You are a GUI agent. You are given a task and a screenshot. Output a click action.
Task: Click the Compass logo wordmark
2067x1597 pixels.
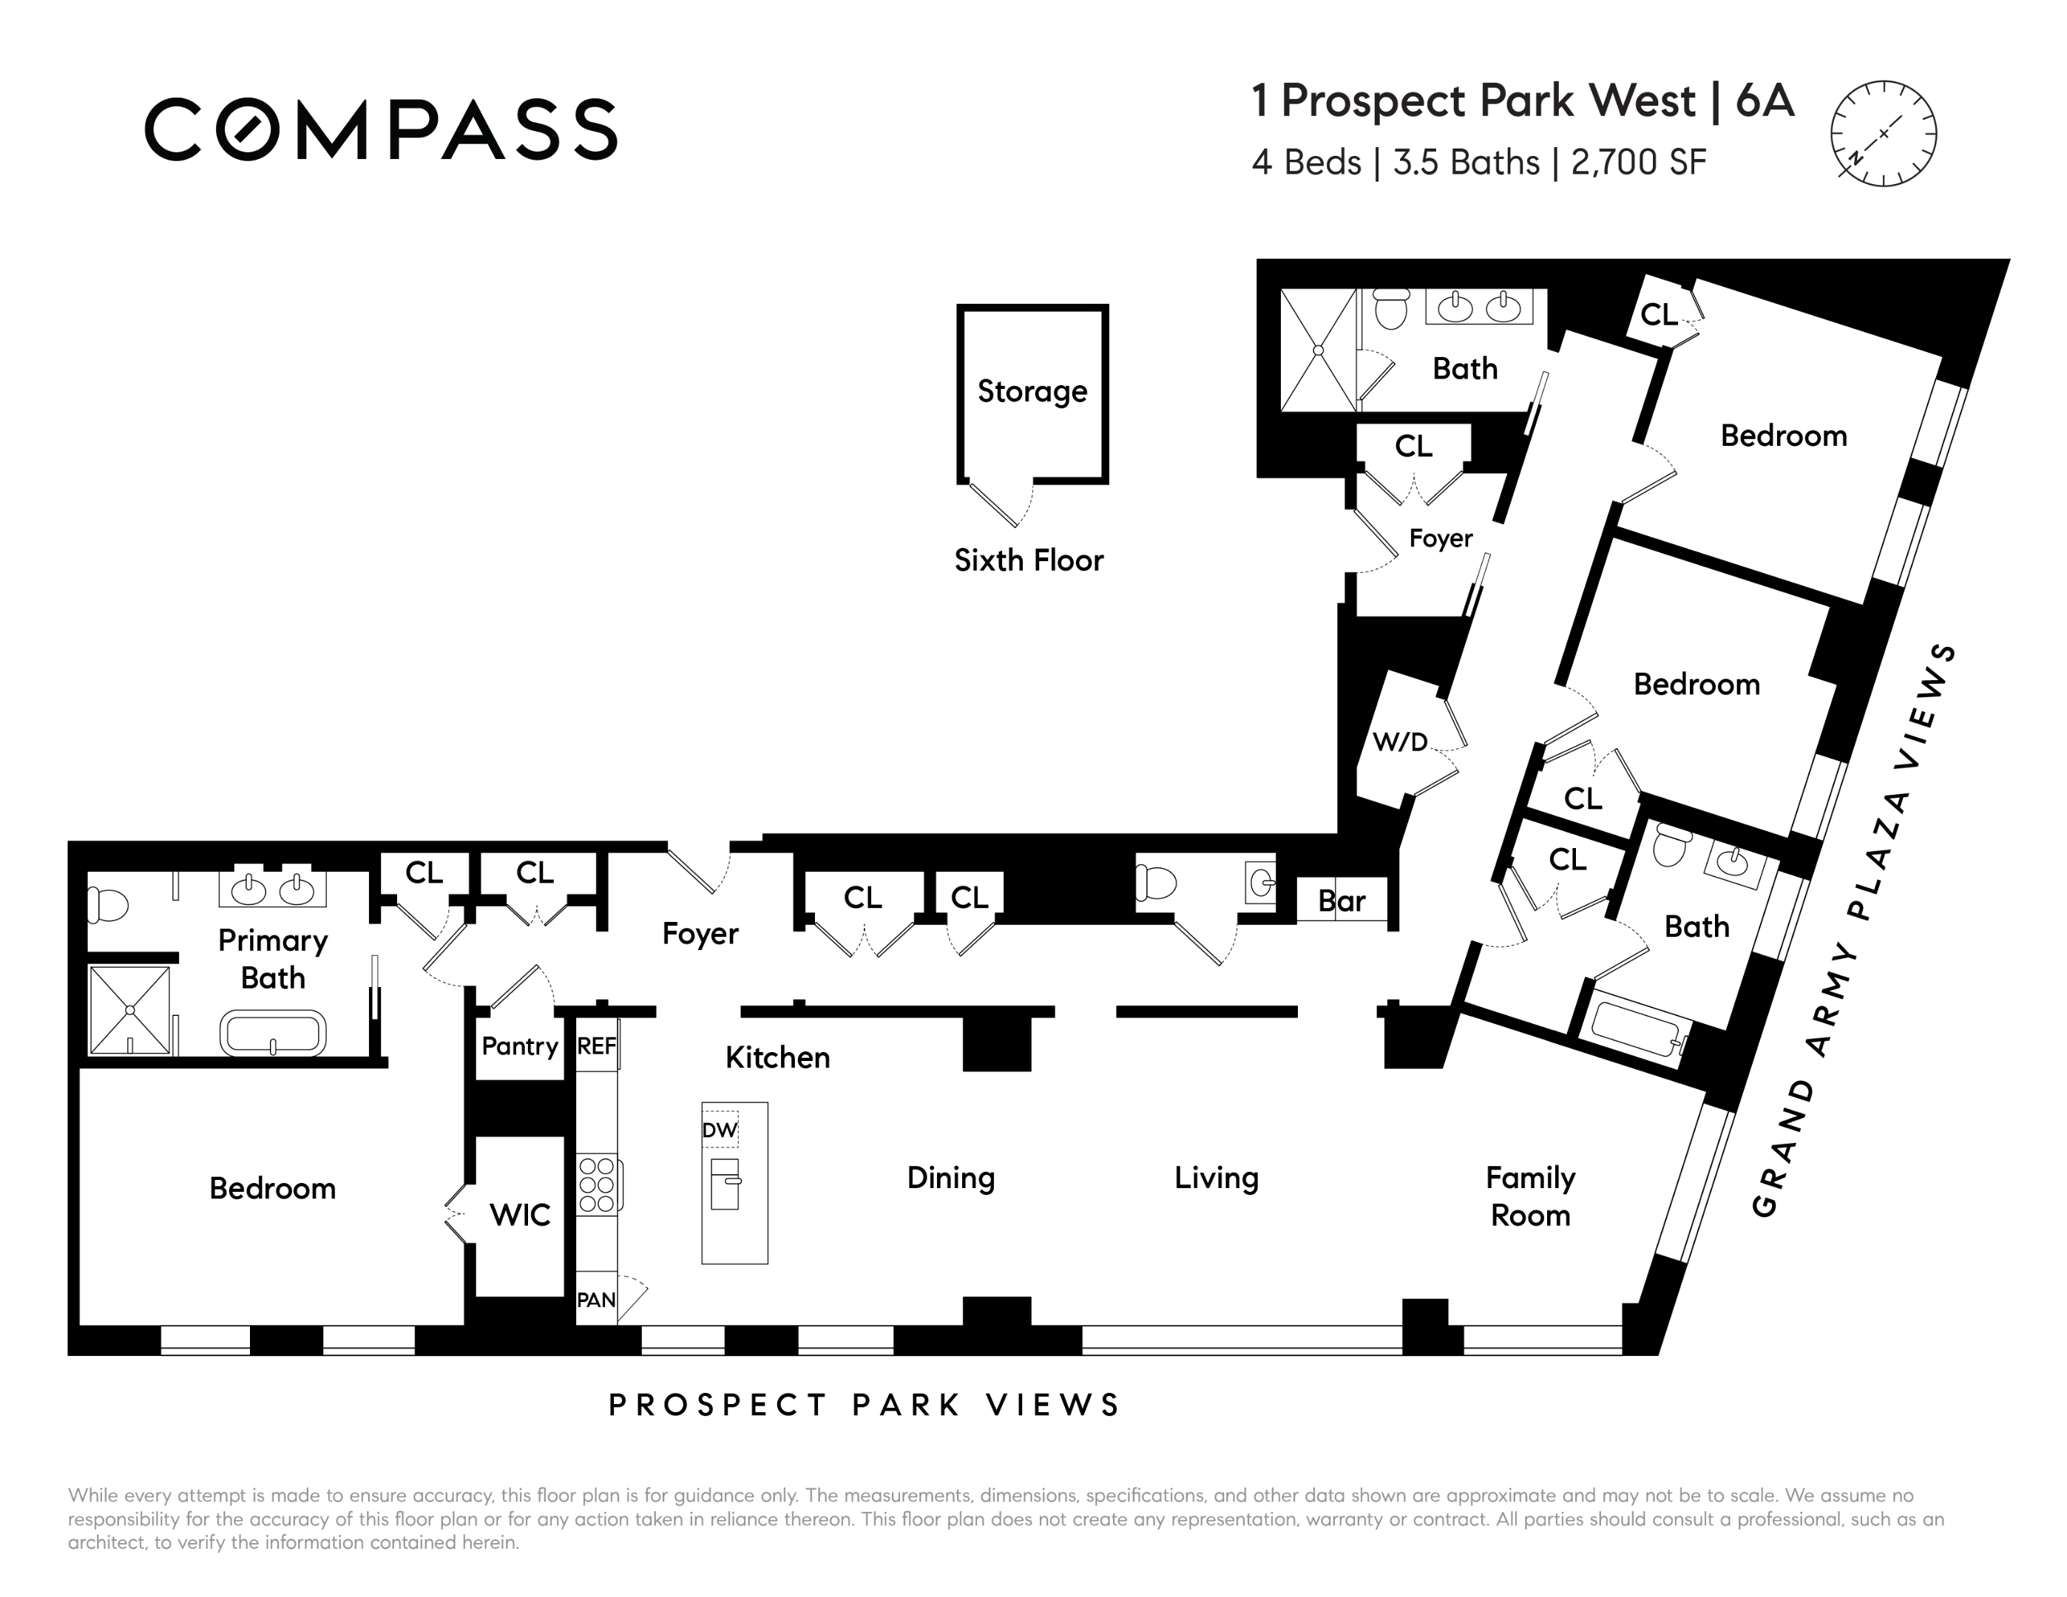tap(380, 129)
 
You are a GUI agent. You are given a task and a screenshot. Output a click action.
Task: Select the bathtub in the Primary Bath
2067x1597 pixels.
tap(274, 1032)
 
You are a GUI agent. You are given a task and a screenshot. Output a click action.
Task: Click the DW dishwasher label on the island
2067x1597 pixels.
tap(720, 1130)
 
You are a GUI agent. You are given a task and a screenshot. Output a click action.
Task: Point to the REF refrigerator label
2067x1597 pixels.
tap(596, 1045)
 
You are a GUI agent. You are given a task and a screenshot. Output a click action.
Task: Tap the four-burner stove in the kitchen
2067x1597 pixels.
tap(598, 1184)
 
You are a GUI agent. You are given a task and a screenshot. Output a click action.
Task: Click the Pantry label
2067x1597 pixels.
tap(520, 1046)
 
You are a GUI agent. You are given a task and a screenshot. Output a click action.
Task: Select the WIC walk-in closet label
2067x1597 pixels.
tap(520, 1215)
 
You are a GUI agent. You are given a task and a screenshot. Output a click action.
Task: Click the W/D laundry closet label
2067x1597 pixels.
tap(1400, 742)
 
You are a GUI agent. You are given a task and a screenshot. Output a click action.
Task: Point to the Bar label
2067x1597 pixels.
tap(1342, 901)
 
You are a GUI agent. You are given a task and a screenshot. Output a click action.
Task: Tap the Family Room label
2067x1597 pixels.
tap(1530, 1196)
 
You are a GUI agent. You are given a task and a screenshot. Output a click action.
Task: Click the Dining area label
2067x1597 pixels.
tap(951, 1178)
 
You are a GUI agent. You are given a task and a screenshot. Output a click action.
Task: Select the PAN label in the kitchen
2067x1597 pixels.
tap(596, 1300)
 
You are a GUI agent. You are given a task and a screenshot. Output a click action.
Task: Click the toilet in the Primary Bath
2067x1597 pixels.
tap(107, 903)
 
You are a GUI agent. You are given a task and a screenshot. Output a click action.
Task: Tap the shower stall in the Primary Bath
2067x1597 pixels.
tap(129, 1009)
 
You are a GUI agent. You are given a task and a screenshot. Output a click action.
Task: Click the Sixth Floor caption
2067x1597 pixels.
tap(1029, 560)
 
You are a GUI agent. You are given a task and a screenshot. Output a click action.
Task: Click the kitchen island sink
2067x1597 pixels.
tap(725, 1184)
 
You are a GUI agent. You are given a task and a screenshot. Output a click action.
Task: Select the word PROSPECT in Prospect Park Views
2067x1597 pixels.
tap(717, 1405)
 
